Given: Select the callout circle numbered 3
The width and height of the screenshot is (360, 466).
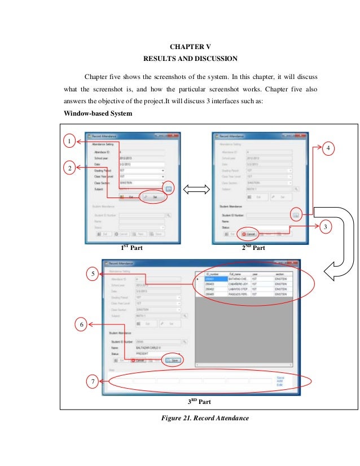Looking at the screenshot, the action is [324, 227].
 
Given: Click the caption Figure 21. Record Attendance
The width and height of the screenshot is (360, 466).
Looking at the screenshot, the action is [203, 418].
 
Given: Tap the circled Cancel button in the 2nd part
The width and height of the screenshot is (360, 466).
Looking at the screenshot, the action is [249, 234].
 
